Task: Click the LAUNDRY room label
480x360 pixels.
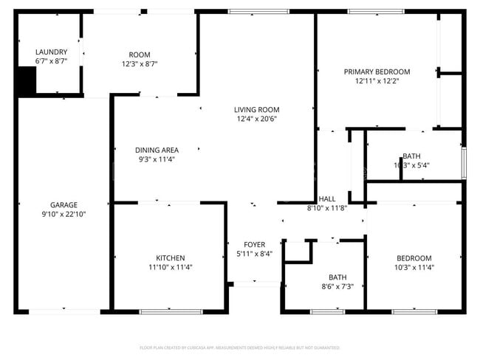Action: click(x=51, y=52)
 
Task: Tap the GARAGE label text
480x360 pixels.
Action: click(x=64, y=204)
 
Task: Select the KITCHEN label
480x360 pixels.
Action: click(x=170, y=257)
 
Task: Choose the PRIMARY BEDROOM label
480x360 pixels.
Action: click(x=377, y=72)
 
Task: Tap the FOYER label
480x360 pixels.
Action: click(x=254, y=245)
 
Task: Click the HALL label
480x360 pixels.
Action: click(x=326, y=199)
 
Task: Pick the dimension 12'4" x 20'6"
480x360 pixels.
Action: click(x=258, y=119)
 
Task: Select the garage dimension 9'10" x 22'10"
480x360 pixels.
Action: click(x=64, y=214)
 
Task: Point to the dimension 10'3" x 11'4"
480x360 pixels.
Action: click(x=414, y=267)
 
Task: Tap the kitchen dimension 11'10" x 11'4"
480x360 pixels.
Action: click(x=170, y=267)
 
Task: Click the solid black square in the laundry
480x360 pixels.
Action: click(x=26, y=80)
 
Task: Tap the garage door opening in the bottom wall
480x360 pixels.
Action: click(x=64, y=311)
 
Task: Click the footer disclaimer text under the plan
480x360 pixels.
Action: click(x=240, y=347)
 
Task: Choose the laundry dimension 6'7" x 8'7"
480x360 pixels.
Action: click(x=51, y=61)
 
